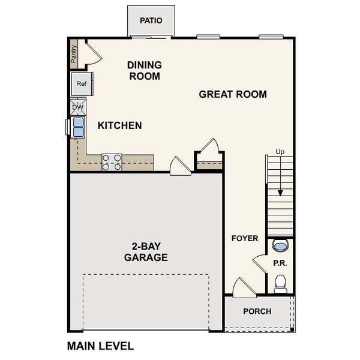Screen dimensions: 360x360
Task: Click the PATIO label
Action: [151, 20]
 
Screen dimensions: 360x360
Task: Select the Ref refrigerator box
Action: [82, 84]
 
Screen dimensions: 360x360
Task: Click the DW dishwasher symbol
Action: [78, 107]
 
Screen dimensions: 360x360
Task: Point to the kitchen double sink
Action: [78, 127]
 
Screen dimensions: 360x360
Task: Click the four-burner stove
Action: [112, 162]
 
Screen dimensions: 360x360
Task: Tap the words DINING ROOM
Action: [144, 70]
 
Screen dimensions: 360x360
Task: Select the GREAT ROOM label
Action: [233, 94]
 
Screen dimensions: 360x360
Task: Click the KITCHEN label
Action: [120, 125]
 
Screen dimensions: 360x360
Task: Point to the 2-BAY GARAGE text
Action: [146, 251]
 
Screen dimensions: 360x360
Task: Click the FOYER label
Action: [245, 238]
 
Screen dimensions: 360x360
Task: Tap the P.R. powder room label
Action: [280, 262]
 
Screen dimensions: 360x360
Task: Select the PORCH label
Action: [257, 311]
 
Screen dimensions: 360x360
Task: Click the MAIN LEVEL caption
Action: [100, 346]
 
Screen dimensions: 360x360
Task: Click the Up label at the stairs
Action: [280, 152]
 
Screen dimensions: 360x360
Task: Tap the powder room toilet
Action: [280, 283]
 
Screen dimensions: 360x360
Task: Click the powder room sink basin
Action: [280, 245]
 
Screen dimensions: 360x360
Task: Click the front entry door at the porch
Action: [244, 289]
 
